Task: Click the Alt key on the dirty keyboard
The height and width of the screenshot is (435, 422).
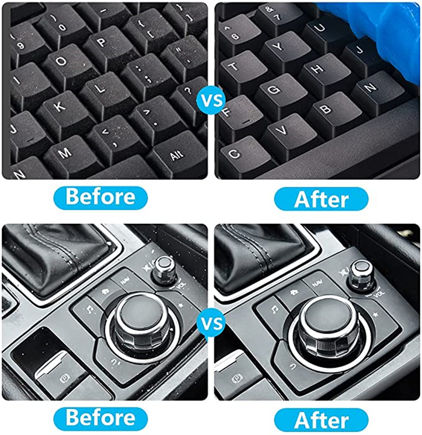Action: click(x=177, y=155)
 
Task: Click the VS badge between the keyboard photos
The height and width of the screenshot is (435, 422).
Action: click(x=212, y=100)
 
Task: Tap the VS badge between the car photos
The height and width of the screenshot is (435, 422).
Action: click(x=212, y=324)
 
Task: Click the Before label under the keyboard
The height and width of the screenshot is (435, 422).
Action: click(x=100, y=197)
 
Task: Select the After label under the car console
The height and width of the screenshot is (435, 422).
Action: click(x=321, y=420)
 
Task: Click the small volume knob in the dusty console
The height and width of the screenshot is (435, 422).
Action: click(x=165, y=270)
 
